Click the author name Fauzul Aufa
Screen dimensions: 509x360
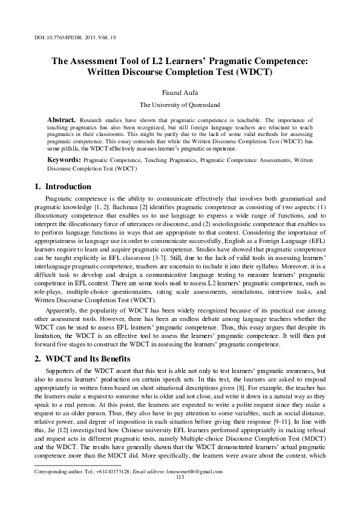point(180,92)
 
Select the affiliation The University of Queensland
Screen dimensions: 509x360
point(180,105)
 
